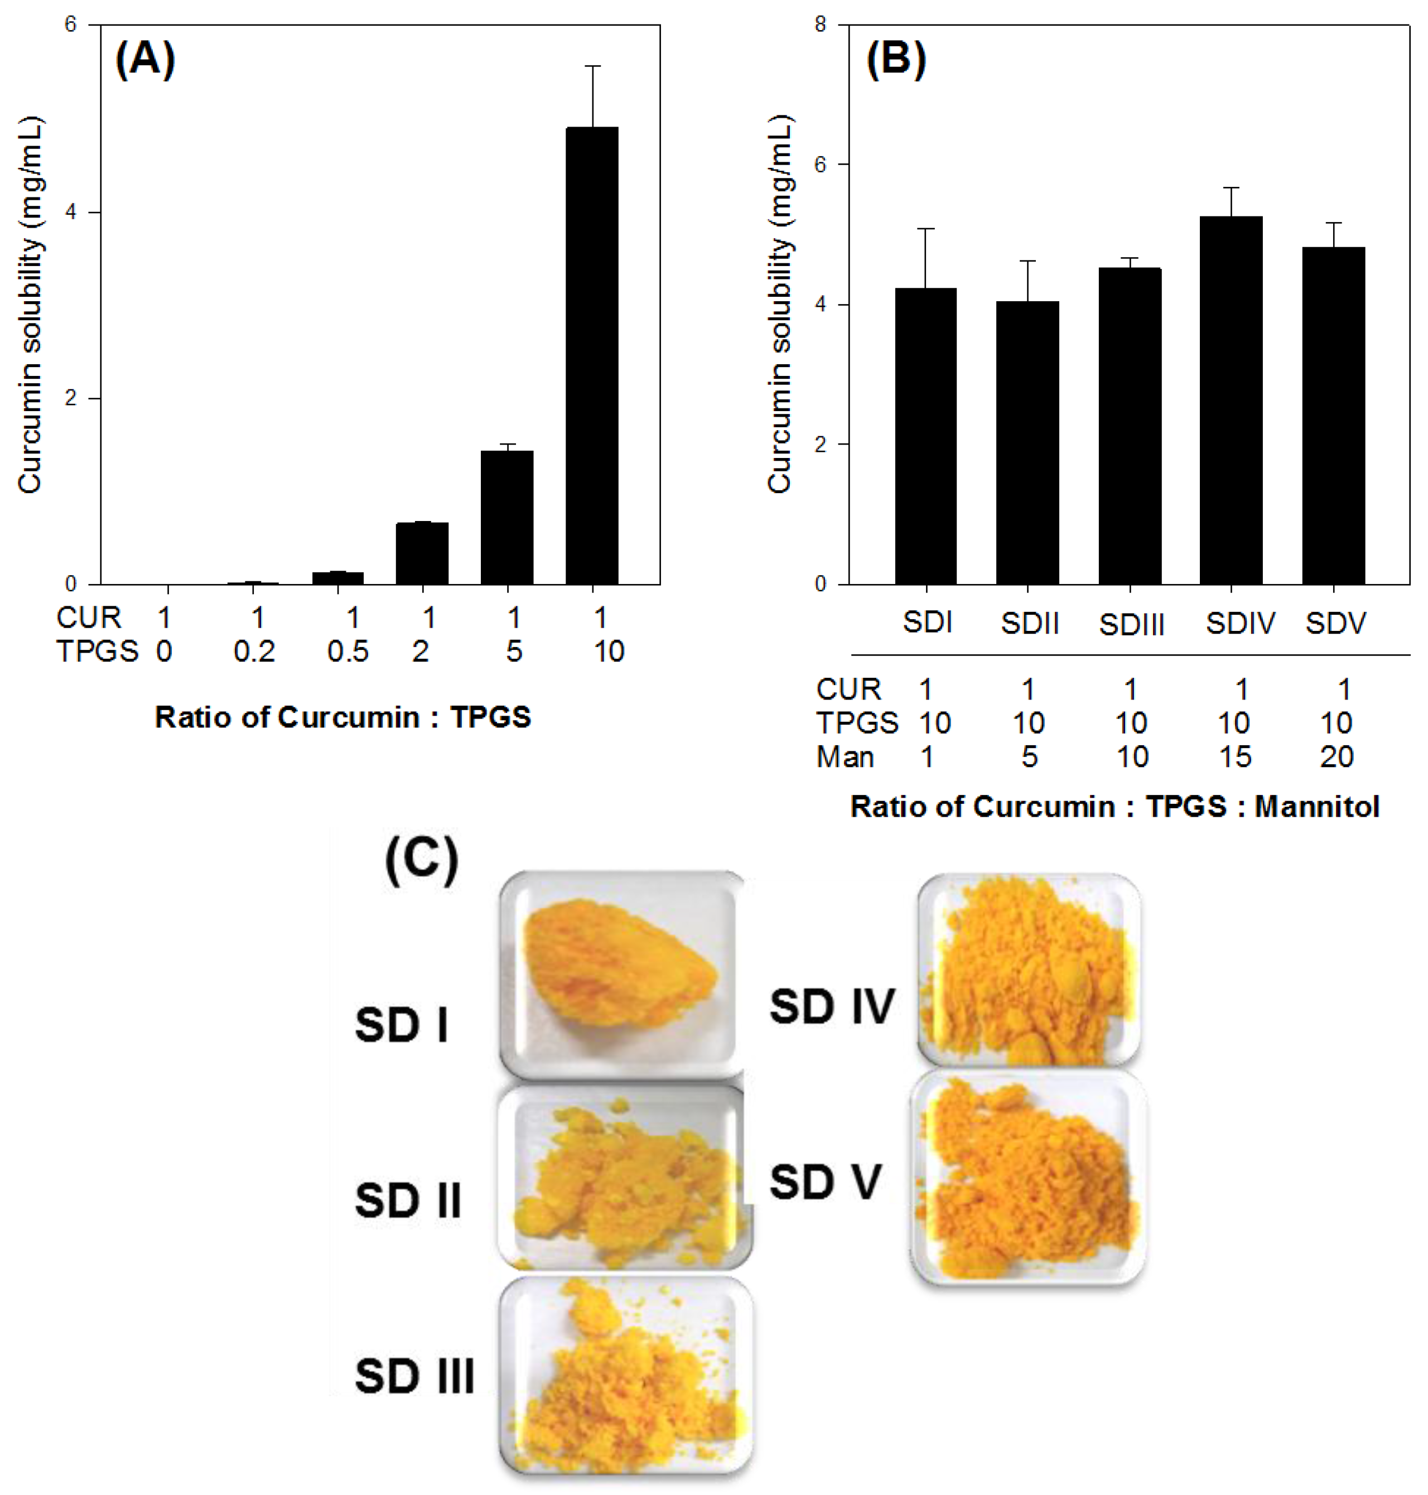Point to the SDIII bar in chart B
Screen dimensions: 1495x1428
pyautogui.click(x=1130, y=426)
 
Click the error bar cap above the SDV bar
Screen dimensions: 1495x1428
pyautogui.click(x=1334, y=223)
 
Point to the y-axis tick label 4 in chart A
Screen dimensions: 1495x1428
pyautogui.click(x=71, y=213)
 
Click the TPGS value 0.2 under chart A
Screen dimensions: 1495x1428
pyautogui.click(x=254, y=652)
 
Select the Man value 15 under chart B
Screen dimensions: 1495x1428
pyautogui.click(x=1234, y=756)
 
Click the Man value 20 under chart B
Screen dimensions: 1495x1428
pyautogui.click(x=1336, y=756)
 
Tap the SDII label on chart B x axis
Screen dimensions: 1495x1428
pyautogui.click(x=1029, y=624)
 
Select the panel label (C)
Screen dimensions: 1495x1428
pyautogui.click(x=422, y=860)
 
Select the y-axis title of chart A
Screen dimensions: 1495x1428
pyautogui.click(x=31, y=305)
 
